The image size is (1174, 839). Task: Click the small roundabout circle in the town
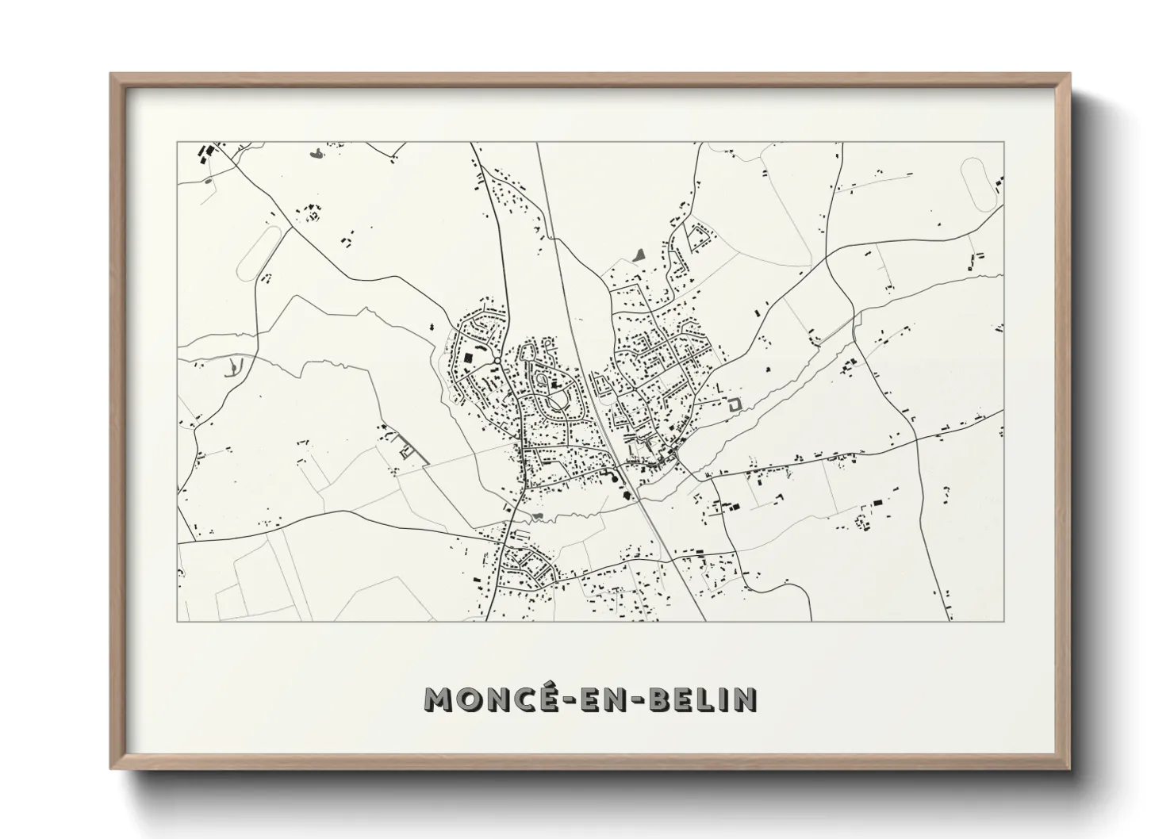point(496,362)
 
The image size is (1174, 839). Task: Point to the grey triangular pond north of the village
point(640,255)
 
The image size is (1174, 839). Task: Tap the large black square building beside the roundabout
point(469,358)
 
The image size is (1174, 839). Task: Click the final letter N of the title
point(746,699)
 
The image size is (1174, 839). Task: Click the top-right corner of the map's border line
point(1004,142)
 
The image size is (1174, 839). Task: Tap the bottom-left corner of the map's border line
point(177,620)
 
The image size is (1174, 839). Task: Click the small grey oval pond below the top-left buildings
point(208,180)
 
